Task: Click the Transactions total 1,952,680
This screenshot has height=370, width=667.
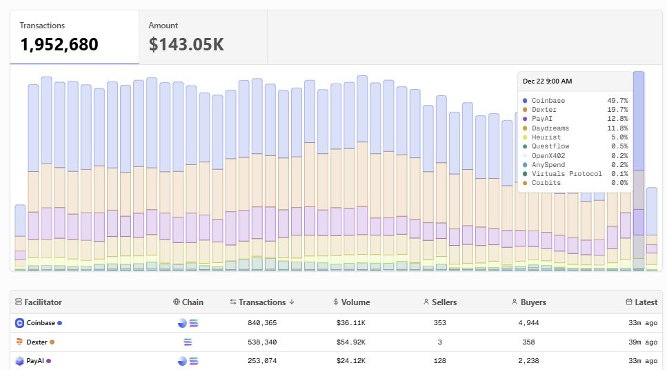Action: (59, 45)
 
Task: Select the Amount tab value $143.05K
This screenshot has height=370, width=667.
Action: (186, 45)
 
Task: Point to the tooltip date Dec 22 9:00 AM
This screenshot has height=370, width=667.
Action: (548, 81)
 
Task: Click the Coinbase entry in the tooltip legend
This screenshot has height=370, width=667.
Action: (548, 101)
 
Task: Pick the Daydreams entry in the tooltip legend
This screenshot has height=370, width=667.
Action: (552, 128)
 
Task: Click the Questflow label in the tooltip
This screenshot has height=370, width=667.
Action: (552, 146)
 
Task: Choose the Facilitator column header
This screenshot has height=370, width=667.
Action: (43, 302)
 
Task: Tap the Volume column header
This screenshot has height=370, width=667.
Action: (355, 302)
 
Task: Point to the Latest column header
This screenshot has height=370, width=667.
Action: (646, 302)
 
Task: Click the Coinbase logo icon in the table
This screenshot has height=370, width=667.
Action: (19, 323)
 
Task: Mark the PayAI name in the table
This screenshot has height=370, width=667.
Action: (36, 360)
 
